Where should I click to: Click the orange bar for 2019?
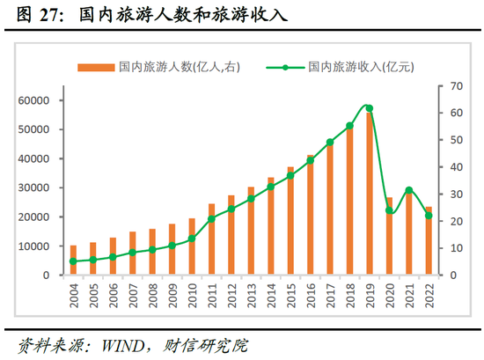[x=369, y=194]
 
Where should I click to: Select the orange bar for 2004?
[x=74, y=261]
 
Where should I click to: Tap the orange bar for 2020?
[x=389, y=236]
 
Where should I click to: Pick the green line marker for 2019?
[x=369, y=108]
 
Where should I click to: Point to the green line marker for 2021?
[x=408, y=190]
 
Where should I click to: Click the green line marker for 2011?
[x=212, y=218]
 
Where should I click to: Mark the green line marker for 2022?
[x=429, y=216]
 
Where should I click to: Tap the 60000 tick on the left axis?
[x=33, y=100]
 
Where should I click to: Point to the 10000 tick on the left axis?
[x=33, y=246]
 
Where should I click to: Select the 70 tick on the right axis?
[x=454, y=85]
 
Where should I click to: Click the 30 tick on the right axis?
[x=454, y=195]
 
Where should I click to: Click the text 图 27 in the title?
[x=36, y=15]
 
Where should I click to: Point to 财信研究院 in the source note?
[x=212, y=342]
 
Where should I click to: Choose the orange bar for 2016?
[x=310, y=216]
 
